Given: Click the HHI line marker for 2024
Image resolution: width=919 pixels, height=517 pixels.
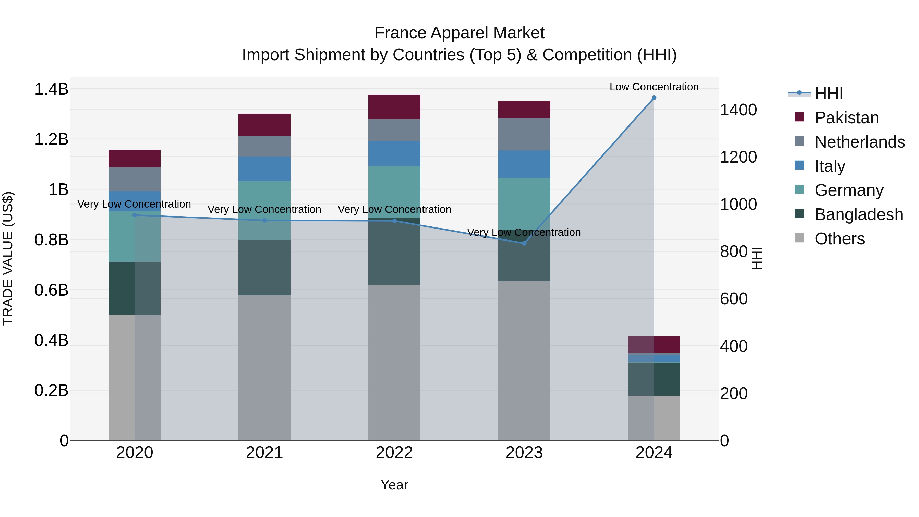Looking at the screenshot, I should click(x=654, y=98).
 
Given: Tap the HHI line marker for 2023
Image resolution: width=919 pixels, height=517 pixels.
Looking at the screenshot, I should click(x=524, y=243).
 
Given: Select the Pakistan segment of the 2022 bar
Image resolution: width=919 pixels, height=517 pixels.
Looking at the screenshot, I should click(x=394, y=107).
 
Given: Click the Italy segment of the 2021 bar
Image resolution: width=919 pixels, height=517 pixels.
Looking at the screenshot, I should click(x=264, y=169).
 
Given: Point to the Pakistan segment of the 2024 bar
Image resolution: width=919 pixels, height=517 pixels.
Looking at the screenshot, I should click(x=654, y=345).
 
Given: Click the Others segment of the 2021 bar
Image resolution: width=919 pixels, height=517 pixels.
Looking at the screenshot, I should click(x=264, y=367).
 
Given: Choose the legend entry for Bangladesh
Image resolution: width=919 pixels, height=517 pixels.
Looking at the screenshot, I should click(x=858, y=214).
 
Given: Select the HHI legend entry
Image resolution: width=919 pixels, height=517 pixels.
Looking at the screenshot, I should click(x=828, y=93).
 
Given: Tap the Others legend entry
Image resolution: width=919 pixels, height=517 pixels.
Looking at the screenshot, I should click(x=839, y=239).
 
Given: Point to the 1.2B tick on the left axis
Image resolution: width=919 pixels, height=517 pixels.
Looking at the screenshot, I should click(x=51, y=139).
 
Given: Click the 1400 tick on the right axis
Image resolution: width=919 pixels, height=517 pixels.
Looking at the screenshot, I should click(x=738, y=110).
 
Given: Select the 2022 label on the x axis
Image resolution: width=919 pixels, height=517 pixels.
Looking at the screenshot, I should click(x=394, y=453).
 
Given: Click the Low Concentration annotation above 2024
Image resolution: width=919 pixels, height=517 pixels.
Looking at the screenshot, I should click(x=654, y=87).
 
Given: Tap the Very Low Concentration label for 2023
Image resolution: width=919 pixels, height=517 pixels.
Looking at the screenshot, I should click(x=524, y=232).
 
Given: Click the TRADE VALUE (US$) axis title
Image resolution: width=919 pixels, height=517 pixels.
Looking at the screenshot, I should click(x=8, y=258).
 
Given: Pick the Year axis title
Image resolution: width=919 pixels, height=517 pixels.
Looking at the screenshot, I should click(x=394, y=485).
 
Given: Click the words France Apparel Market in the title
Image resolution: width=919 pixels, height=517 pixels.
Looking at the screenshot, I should click(x=459, y=33).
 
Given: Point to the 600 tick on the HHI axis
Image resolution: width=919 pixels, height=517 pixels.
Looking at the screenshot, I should click(x=733, y=299).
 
